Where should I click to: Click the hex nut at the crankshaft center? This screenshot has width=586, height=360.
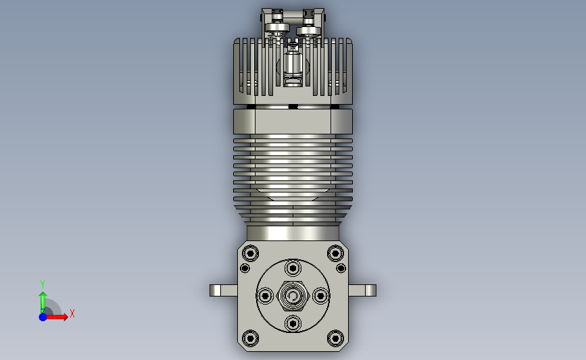(x=293, y=296)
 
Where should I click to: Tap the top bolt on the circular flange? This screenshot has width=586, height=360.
(x=293, y=268)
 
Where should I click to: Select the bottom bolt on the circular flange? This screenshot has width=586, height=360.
(x=293, y=324)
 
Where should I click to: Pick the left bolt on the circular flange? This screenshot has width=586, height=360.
(x=266, y=296)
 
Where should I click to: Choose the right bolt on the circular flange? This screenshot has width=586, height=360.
(x=320, y=296)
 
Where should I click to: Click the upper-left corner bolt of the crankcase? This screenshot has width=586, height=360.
(x=250, y=253)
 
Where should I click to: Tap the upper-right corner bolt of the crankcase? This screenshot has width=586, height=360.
(x=335, y=253)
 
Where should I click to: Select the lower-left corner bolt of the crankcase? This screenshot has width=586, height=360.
(x=250, y=338)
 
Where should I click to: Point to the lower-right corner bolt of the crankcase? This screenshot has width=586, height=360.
(x=335, y=338)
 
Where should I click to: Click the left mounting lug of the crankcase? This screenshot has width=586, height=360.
(x=224, y=290)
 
